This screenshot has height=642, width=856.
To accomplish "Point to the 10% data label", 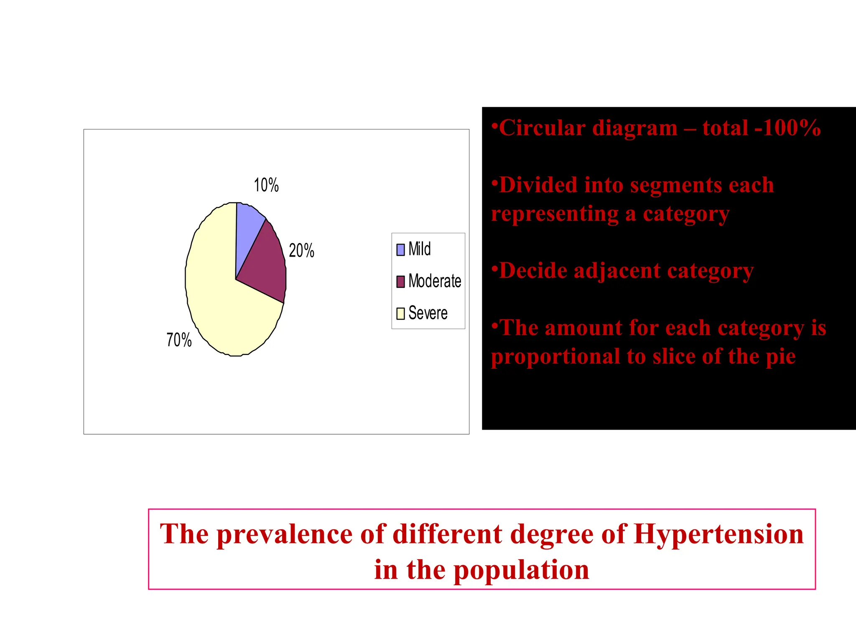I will [266, 185].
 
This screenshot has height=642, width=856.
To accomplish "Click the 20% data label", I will [301, 251].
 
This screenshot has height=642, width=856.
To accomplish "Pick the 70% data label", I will [179, 340].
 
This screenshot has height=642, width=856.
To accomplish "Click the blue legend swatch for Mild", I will [400, 250].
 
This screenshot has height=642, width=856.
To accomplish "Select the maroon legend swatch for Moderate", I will [400, 281].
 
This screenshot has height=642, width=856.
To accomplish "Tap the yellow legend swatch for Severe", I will [400, 313].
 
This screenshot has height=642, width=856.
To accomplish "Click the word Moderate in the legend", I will [435, 281].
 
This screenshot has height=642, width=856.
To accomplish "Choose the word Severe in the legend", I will [428, 313].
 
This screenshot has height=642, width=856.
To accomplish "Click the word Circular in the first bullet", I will [542, 128].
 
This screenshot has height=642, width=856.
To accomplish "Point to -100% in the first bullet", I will [787, 128].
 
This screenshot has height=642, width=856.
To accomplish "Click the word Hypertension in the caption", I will [718, 534].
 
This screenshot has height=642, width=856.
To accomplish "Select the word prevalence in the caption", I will [284, 534].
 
